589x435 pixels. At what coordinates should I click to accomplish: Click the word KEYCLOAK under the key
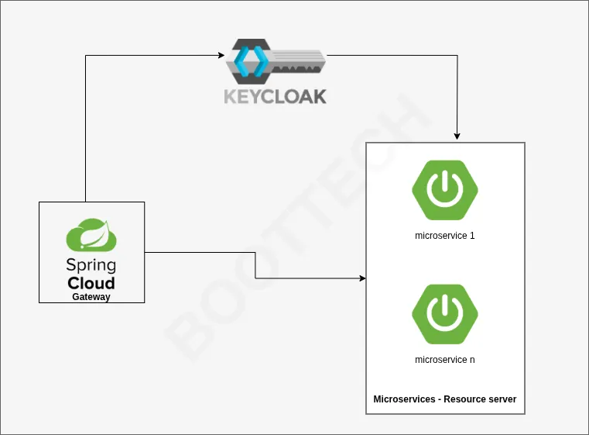[275, 96]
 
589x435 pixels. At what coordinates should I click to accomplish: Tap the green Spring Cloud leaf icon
[91, 236]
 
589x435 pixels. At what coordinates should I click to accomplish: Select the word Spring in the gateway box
[91, 265]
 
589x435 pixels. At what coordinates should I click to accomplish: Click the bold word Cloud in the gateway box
[91, 282]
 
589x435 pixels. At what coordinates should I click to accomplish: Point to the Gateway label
[91, 297]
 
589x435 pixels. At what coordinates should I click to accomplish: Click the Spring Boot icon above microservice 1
[444, 190]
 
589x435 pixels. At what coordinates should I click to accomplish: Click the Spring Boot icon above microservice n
[444, 314]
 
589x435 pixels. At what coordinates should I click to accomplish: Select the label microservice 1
[444, 236]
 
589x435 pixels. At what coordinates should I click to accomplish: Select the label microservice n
[444, 360]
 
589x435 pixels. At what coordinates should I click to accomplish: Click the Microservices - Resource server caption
[444, 399]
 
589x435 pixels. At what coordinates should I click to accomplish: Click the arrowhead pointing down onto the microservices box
[457, 136]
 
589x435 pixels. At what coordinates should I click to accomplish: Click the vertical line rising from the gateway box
[85, 132]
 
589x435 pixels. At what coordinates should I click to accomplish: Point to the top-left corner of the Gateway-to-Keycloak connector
[85, 56]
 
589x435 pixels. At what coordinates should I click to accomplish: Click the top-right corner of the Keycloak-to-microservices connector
[457, 56]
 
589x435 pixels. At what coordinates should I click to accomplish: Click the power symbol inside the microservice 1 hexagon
[444, 189]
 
